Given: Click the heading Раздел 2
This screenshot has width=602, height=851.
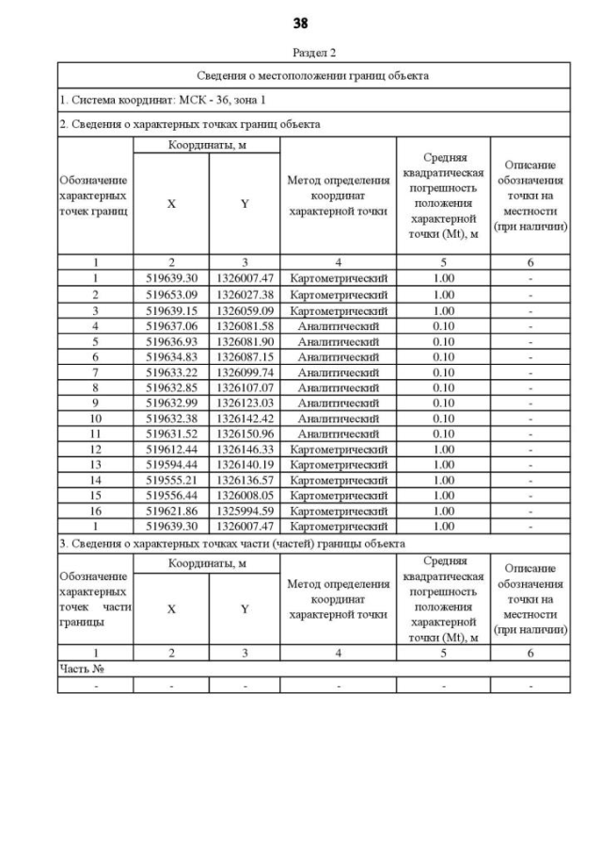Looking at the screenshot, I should (x=313, y=52).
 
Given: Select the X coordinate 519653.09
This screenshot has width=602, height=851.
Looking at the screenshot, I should (x=170, y=294).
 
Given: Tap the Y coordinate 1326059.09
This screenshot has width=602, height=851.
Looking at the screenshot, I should (x=245, y=310).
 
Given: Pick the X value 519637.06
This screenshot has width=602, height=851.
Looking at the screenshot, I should (x=170, y=326).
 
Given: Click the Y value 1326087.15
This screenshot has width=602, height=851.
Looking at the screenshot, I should (x=245, y=357).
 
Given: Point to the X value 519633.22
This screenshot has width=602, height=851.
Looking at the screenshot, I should (x=170, y=373).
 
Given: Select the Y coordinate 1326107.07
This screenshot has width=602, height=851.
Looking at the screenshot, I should (x=245, y=388).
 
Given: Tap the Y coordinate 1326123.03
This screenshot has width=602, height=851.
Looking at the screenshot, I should (x=245, y=403).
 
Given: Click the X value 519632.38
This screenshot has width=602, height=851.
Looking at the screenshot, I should (x=170, y=419).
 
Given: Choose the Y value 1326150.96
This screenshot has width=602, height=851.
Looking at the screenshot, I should (x=245, y=434).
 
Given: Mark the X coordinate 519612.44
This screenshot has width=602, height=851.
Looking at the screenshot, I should (x=170, y=449).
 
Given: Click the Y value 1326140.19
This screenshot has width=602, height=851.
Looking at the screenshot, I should (x=245, y=465).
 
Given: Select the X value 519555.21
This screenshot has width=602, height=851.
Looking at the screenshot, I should (x=170, y=481).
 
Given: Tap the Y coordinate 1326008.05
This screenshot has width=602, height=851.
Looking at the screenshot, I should (x=245, y=496).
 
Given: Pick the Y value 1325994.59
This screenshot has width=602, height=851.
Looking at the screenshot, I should (x=245, y=512).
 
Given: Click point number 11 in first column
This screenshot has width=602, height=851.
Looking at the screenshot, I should (x=95, y=434).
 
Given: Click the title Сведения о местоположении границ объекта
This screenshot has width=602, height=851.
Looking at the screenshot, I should (x=313, y=75).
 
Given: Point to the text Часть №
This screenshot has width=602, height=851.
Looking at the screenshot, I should (x=79, y=669).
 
